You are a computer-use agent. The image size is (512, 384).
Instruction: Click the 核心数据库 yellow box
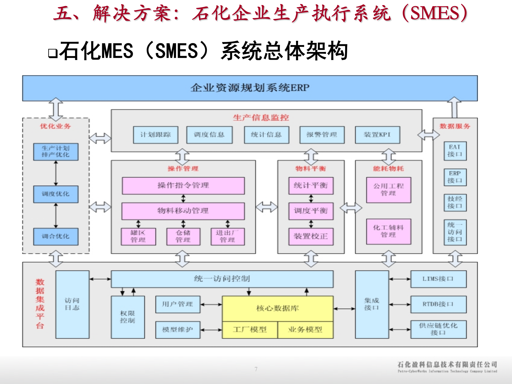277,308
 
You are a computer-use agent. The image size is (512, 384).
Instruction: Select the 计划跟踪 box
156,135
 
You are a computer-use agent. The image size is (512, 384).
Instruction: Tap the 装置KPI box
377,135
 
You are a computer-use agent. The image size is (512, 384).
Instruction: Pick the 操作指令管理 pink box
183,186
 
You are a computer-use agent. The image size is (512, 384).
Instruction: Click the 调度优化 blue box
56,194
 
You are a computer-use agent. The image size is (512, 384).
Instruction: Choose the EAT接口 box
455,151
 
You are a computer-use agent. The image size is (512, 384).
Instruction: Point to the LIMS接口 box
438,279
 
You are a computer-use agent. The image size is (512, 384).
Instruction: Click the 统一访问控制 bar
222,279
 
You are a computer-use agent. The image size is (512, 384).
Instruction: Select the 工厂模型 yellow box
250,330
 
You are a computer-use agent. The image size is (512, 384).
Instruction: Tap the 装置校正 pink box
311,236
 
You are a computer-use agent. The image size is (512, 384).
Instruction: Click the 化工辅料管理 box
389,231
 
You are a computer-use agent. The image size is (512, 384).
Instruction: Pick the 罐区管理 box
138,236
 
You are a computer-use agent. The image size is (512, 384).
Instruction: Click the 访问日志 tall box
72,304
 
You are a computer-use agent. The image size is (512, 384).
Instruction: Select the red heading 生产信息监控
261,118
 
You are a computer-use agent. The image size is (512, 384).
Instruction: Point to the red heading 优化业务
55,126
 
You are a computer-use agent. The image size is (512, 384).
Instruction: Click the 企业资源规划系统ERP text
250,88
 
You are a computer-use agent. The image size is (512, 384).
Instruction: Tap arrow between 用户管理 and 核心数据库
211,304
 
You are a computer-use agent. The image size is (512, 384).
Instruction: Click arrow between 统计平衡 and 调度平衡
311,198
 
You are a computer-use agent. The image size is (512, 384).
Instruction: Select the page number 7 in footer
256,369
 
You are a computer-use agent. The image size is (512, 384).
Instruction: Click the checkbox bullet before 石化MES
53,53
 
